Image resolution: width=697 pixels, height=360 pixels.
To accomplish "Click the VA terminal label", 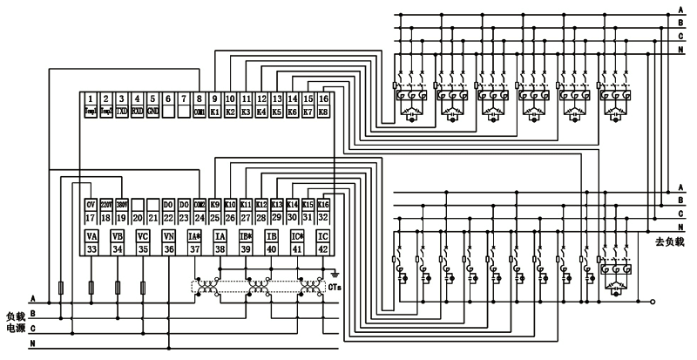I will pos(90,236).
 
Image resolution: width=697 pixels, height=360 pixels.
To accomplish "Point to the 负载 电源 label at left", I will pos(17,322).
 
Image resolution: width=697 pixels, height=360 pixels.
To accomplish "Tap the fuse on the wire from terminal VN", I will pos(143,287).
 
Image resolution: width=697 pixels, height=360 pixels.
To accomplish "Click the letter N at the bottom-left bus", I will pos(32,346).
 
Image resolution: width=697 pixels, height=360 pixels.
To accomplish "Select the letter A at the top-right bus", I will pos(681,10).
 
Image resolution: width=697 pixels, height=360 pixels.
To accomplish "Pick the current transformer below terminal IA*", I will pos(206,287).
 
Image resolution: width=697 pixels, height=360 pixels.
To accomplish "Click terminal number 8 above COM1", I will pos(200,99).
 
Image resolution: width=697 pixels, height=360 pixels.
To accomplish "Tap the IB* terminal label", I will pos(246,236).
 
